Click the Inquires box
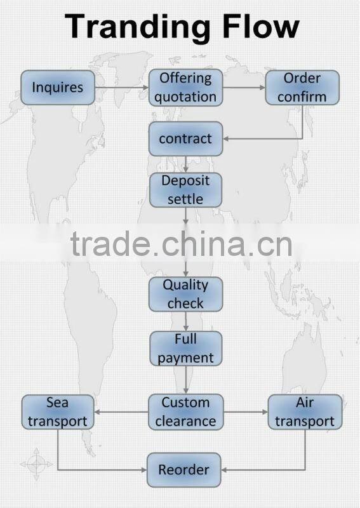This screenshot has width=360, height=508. click(x=58, y=88)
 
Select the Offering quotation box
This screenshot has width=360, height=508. click(x=185, y=88)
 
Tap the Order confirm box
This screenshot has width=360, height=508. click(x=302, y=88)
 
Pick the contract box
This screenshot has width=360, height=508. click(x=185, y=138)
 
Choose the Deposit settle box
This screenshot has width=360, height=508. click(x=185, y=190)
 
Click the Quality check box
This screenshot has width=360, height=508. click(x=185, y=294)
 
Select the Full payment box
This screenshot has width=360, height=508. click(x=185, y=349)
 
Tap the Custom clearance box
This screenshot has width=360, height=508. click(x=185, y=412)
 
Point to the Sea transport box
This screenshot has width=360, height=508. click(x=58, y=412)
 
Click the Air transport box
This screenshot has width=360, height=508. click(x=305, y=412)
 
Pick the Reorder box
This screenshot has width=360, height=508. click(x=183, y=470)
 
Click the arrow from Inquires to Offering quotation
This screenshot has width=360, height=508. click(x=122, y=88)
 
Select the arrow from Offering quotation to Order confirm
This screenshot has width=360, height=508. click(x=244, y=88)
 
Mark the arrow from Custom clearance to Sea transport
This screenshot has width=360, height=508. click(x=121, y=412)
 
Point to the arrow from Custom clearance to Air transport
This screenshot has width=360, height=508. click(x=246, y=412)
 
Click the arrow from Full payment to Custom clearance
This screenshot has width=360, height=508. click(x=185, y=380)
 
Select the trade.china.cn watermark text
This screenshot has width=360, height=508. click(x=181, y=243)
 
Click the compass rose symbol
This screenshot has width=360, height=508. click(x=36, y=464)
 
